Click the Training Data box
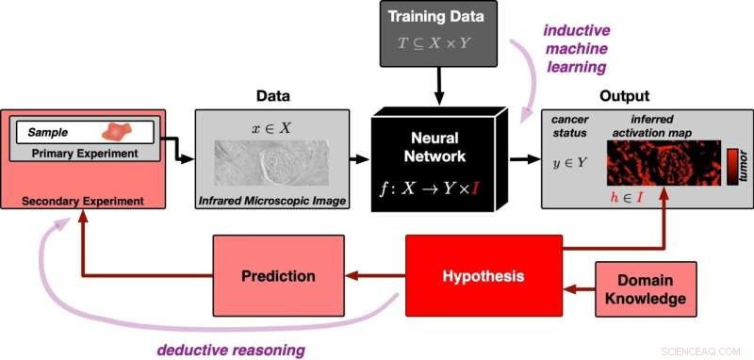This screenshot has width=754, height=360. pos(438,34)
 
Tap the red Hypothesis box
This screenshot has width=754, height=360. pos(483,277)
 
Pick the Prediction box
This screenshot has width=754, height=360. pos(277,276)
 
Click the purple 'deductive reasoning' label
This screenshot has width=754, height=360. pos(232,350)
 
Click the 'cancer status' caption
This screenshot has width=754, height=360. pos(569,127)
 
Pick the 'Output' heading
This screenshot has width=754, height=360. pos(625,96)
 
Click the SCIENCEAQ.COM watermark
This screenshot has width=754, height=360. pos(702,347)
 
